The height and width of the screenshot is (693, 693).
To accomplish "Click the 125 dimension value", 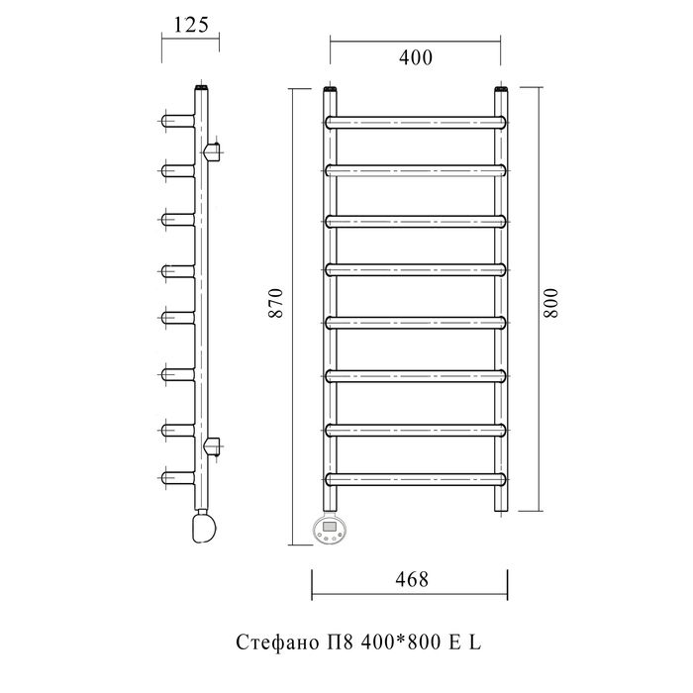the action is click(x=191, y=25).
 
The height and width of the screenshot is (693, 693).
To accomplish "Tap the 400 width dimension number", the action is click(x=416, y=57).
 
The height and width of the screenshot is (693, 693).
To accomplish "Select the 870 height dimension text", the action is click(x=275, y=303).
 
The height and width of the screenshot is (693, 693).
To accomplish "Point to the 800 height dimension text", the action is click(x=551, y=303).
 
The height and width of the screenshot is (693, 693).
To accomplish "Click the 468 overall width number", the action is click(x=412, y=579).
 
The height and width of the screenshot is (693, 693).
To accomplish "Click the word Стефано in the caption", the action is click(x=276, y=643).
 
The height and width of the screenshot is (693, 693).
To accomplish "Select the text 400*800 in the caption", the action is click(x=401, y=643).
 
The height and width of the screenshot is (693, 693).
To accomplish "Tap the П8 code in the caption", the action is click(x=340, y=643).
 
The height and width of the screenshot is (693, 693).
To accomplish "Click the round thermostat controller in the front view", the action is click(x=330, y=529).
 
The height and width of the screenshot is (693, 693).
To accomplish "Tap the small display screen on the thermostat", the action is click(x=330, y=526).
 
